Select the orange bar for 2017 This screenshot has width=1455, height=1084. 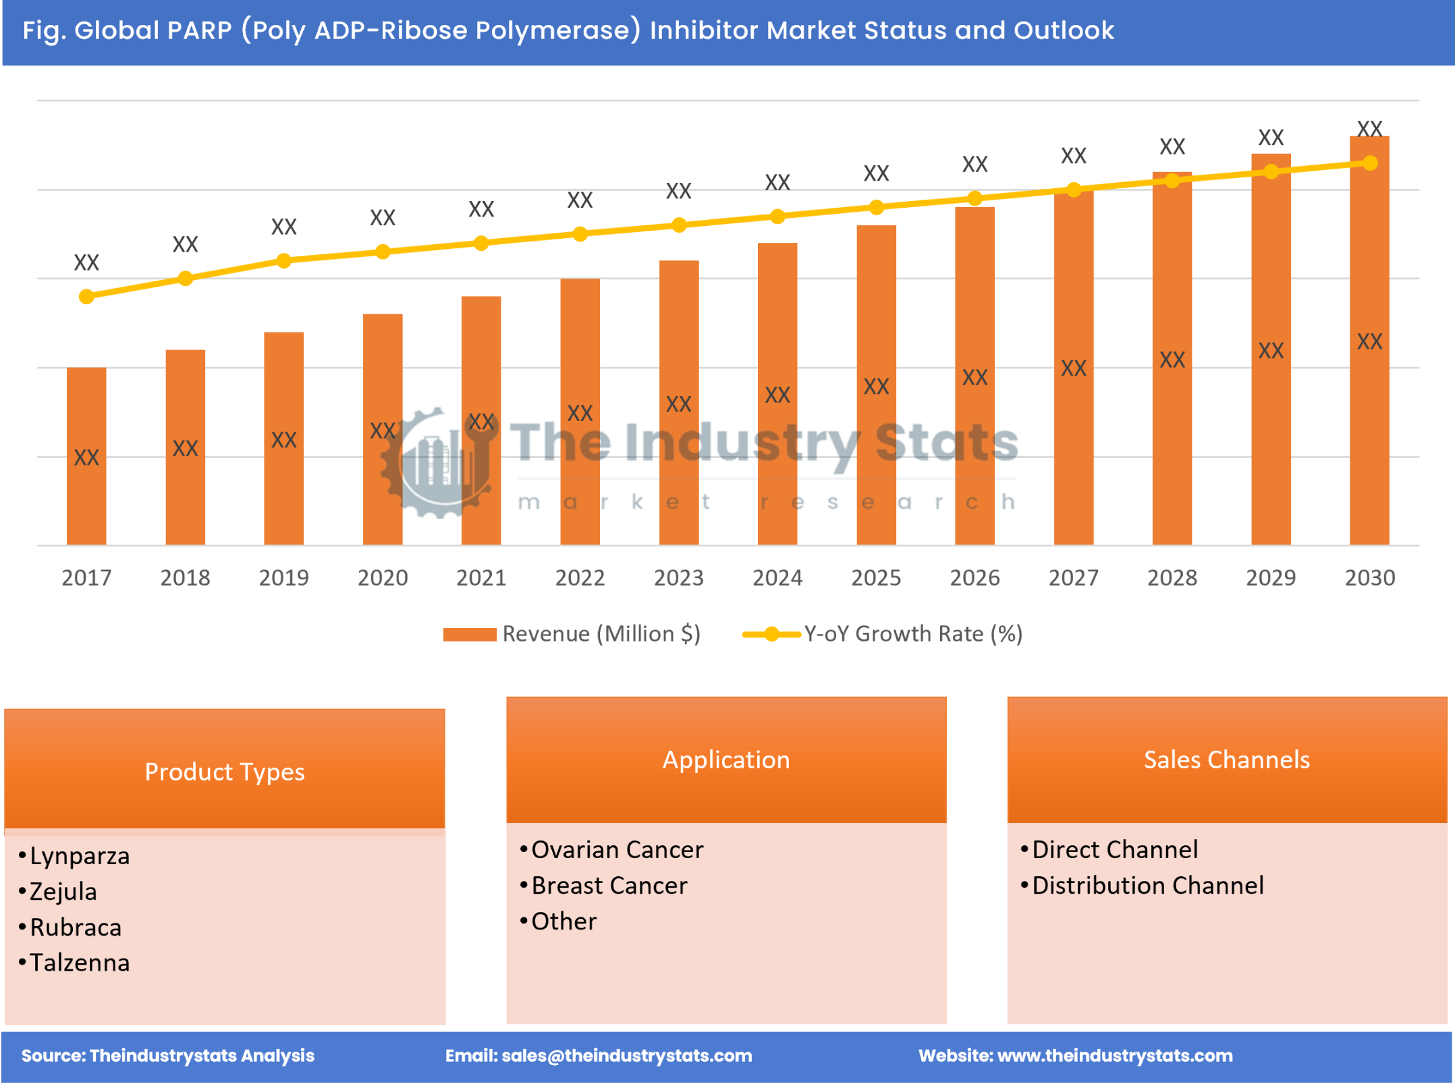coord(86,456)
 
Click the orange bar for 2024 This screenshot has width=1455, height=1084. coord(777,394)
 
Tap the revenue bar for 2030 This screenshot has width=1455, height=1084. coord(1369,341)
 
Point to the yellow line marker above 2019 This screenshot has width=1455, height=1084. coord(284,260)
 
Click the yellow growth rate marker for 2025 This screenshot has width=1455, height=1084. coord(876,207)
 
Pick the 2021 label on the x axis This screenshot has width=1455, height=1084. coord(481,577)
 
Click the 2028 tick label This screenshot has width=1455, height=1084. coord(1172,577)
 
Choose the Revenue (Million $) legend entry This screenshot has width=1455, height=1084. coord(572,633)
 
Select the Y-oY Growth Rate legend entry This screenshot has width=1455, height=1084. coord(883,633)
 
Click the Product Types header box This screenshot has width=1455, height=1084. coord(225,771)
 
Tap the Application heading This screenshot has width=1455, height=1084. coord(726,760)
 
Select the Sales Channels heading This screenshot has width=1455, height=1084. coord(1226,760)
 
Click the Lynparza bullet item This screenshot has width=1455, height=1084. coord(79,855)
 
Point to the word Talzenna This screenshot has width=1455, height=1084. coord(79,963)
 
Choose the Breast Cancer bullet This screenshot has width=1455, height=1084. coord(609,885)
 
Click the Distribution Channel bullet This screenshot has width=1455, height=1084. coord(1147,885)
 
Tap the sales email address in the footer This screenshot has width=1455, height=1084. coord(626,1055)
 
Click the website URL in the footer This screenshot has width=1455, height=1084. coord(1114,1055)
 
